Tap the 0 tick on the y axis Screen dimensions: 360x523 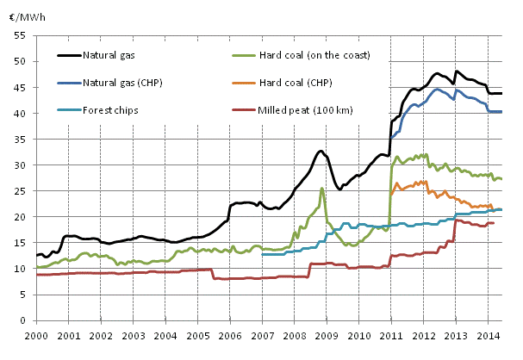[25, 320]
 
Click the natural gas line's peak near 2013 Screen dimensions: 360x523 [457, 71]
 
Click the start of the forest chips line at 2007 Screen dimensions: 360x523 [263, 254]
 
